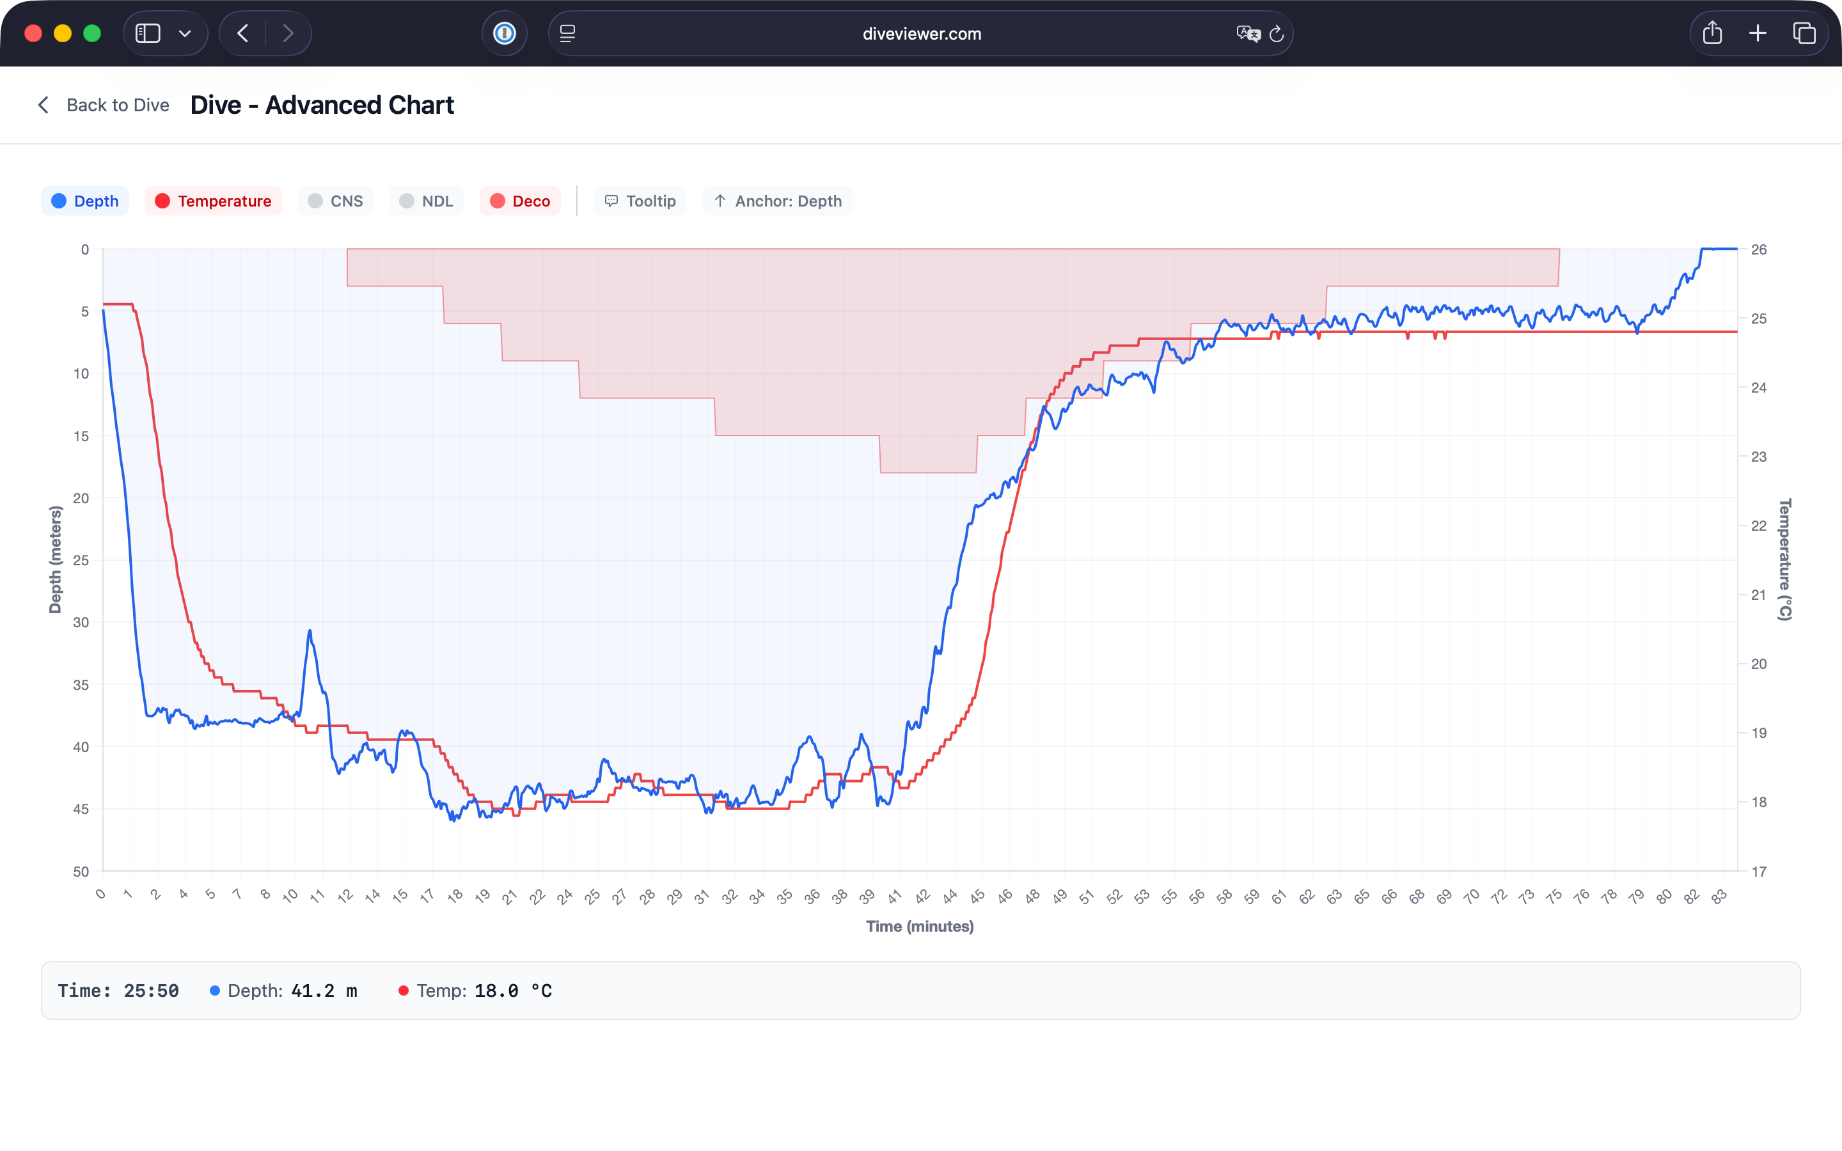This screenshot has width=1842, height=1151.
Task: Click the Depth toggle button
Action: click(85, 201)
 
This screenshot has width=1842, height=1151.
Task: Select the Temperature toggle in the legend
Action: click(213, 201)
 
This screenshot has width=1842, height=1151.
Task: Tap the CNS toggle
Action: click(336, 201)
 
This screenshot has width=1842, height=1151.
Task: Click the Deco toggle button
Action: click(520, 201)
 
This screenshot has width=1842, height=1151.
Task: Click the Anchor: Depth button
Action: click(777, 201)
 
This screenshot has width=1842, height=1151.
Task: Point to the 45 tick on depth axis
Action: click(81, 809)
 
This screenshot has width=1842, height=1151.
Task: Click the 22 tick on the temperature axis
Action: click(1758, 526)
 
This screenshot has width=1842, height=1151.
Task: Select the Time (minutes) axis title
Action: click(920, 927)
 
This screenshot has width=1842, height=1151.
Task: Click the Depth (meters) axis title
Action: click(55, 560)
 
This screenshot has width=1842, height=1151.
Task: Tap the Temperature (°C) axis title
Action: click(1785, 560)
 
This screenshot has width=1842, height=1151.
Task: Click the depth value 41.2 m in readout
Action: click(324, 991)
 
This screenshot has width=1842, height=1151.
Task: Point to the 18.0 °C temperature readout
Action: click(513, 991)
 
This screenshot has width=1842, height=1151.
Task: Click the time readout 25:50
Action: click(151, 991)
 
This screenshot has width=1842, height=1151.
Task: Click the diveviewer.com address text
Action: click(922, 33)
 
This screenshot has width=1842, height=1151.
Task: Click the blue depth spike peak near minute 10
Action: click(310, 631)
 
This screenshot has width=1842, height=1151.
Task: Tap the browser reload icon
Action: click(1277, 33)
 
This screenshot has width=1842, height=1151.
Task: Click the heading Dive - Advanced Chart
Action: click(322, 105)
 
